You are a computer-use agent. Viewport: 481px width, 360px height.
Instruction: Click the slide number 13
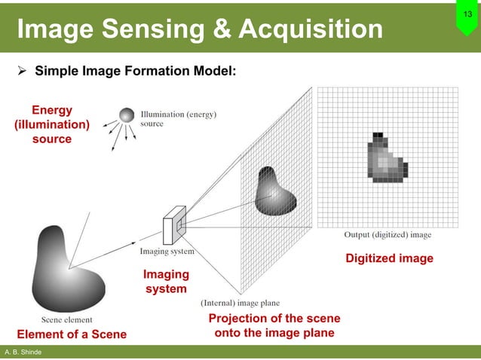point(466,16)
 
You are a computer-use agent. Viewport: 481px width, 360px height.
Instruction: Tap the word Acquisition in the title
point(311,29)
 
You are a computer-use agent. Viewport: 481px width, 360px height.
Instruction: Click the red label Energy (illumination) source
point(51,125)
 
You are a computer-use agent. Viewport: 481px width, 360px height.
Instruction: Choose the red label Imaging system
point(166,282)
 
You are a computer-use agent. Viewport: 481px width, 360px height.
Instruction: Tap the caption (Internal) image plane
point(240,304)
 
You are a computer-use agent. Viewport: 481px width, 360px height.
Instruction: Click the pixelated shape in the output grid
point(385,158)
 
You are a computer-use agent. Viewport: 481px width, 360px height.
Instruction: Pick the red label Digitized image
point(389,258)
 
